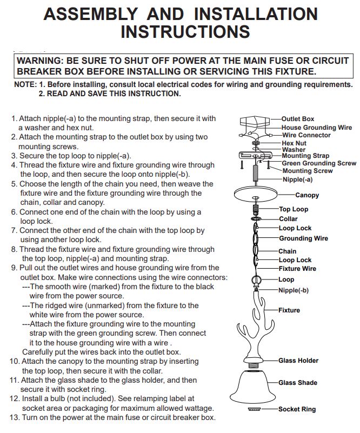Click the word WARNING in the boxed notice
pos(41,61)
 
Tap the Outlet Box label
pos(298,119)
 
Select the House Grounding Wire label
pos(317,128)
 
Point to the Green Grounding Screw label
pos(319,163)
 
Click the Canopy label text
pos(307,195)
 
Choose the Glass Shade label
pos(298,383)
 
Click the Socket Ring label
pos(297,409)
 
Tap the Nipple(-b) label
pos(294,290)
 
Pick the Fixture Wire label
pos(297,269)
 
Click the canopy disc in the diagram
pos(255,194)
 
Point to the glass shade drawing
pos(252,387)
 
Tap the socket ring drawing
pos(254,409)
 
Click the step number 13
pos(15,417)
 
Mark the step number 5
pos(15,184)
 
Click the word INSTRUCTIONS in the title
pos(185,31)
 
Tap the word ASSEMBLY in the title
pos(91,14)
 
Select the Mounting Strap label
pos(305,156)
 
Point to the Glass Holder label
pos(298,361)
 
